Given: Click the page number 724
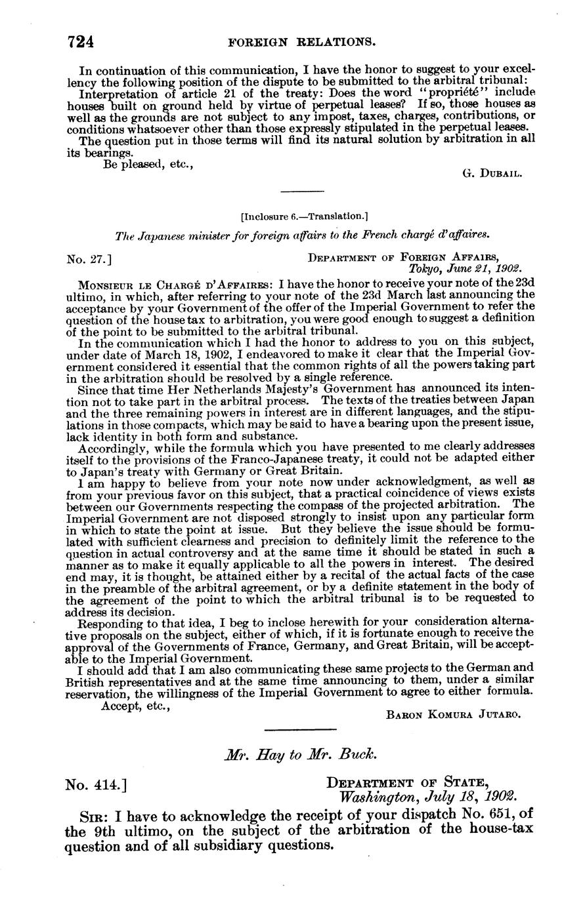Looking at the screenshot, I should (x=81, y=43).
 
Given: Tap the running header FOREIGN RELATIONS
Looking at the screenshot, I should (x=301, y=43).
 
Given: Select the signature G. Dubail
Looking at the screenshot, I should (x=492, y=173).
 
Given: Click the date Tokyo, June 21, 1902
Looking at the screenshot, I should (x=465, y=269).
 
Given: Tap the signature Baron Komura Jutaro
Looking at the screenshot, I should (x=454, y=715).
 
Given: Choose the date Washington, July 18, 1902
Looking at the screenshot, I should (x=427, y=798).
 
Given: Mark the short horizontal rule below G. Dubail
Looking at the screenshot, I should (x=302, y=191).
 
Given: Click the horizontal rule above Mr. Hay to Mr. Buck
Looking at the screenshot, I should (x=300, y=729).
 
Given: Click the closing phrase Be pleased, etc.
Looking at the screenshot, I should (x=148, y=165).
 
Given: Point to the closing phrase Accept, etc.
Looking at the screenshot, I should (x=136, y=705).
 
